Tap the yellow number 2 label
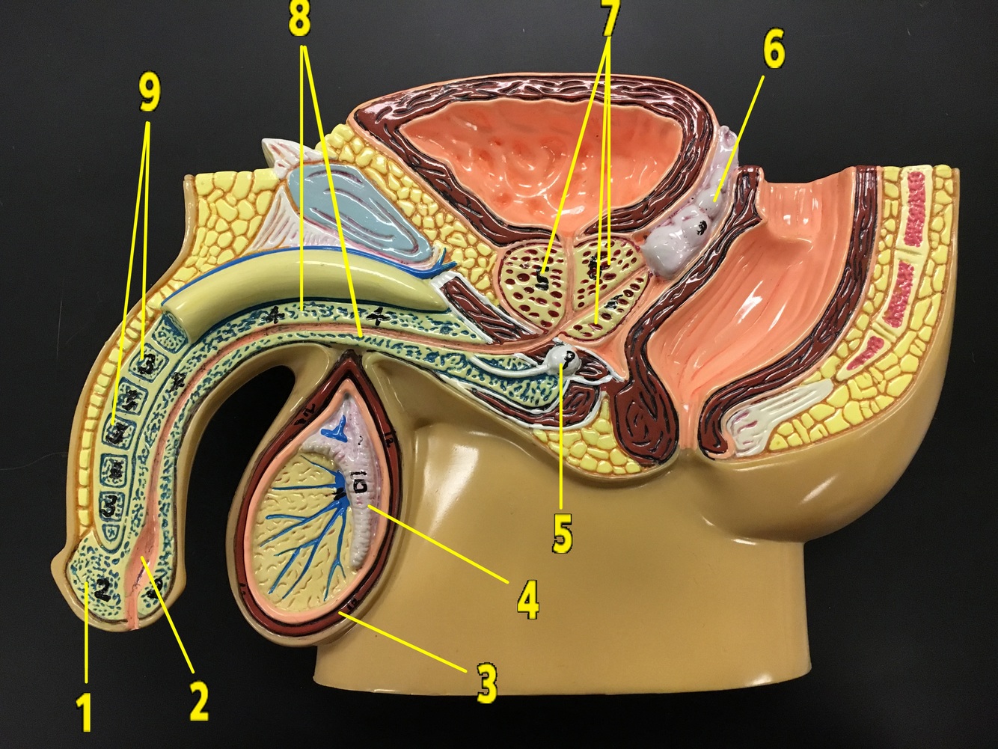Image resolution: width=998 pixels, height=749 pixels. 198,700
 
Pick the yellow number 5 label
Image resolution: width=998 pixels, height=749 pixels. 562,533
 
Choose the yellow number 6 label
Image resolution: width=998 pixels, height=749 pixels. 774,50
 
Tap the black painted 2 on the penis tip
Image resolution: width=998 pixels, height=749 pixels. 102,590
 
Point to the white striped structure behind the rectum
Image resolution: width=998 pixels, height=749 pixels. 771,419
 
